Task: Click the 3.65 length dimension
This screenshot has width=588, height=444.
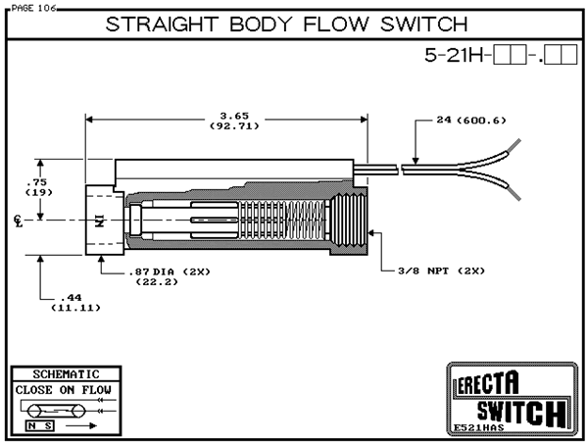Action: (x=226, y=116)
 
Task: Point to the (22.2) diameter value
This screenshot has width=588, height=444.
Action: (x=149, y=281)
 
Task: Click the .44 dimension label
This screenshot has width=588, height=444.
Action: (x=71, y=297)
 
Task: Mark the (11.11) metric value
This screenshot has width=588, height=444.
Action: (x=71, y=308)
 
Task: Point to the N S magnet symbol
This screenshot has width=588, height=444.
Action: (x=42, y=427)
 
